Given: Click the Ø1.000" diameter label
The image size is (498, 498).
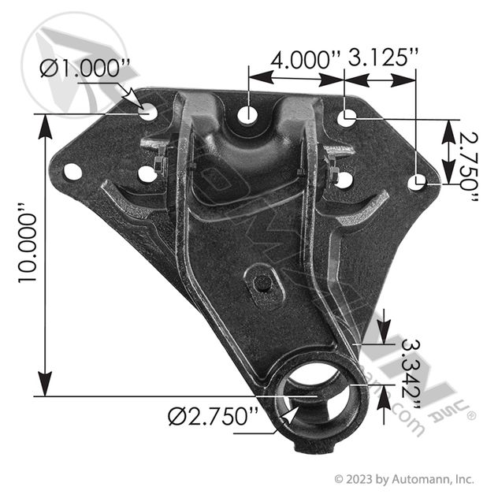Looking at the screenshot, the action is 85,69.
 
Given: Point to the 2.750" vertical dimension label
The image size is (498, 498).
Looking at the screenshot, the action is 469,166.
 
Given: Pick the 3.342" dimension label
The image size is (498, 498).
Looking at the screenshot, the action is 411,374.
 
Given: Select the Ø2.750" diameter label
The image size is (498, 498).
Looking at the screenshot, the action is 213,416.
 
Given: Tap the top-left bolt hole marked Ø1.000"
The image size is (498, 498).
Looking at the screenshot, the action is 148,112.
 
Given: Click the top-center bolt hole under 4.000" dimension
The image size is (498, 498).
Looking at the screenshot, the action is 247,114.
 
